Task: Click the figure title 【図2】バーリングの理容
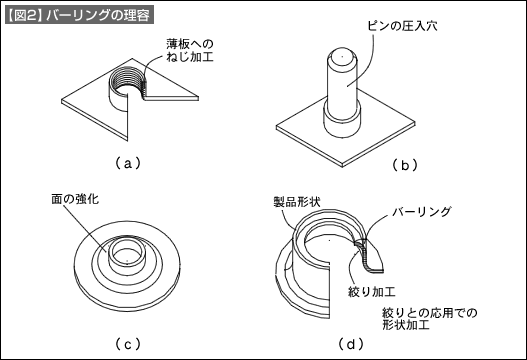click(79, 15)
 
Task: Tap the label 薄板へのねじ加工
click(190, 50)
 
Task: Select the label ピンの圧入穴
click(402, 26)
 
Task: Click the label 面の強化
click(75, 199)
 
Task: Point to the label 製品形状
click(297, 202)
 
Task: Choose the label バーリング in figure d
click(421, 212)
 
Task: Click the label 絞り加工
click(371, 291)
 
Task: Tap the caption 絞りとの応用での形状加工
click(430, 319)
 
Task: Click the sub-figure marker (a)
click(127, 164)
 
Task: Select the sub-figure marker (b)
click(405, 165)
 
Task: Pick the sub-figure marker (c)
click(127, 344)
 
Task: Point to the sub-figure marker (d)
click(351, 344)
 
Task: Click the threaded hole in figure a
click(128, 82)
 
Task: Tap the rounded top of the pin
click(341, 56)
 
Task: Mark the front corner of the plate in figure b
click(342, 166)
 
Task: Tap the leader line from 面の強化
click(85, 228)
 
